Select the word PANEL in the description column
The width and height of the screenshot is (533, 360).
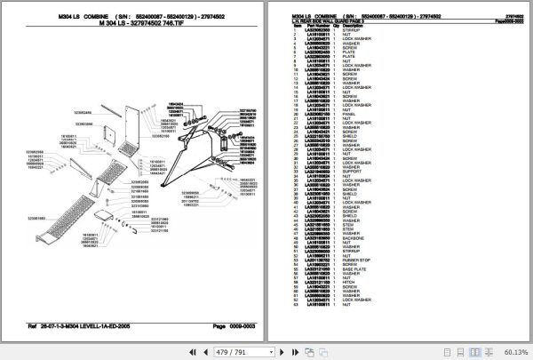(347, 114)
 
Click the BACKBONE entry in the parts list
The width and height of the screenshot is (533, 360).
(352, 239)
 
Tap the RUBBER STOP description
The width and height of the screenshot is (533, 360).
(355, 283)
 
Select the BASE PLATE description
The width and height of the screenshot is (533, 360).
(353, 292)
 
